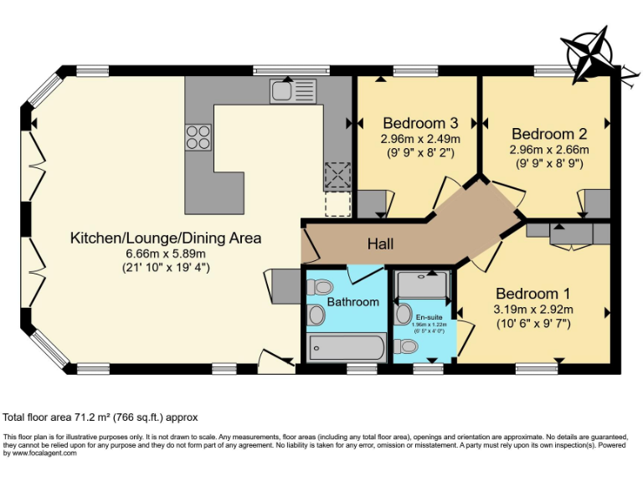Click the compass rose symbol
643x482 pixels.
[x=590, y=52]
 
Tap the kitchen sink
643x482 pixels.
[x=292, y=90]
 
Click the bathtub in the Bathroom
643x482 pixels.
[x=347, y=346]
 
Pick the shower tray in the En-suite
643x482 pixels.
[x=423, y=286]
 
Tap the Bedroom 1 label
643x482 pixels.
[x=532, y=294]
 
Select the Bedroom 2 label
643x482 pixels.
[x=549, y=134]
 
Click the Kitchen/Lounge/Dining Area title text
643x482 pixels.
[x=166, y=238]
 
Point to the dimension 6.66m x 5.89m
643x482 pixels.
[x=166, y=253]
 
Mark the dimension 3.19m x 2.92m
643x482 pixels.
[x=532, y=309]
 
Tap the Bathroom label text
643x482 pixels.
[x=352, y=301]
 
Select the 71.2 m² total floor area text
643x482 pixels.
[x=101, y=417]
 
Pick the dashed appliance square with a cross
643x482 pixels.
[x=337, y=176]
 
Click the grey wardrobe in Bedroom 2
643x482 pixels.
[x=597, y=203]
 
